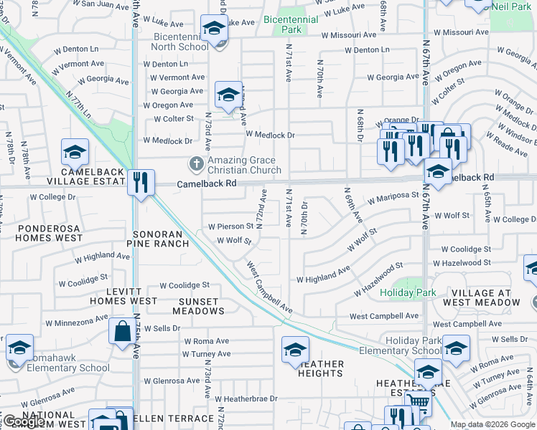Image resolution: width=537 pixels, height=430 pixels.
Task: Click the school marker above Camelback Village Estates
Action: pyautogui.click(x=75, y=152)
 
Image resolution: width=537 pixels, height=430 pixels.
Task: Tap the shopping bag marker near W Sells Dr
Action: pyautogui.click(x=121, y=330)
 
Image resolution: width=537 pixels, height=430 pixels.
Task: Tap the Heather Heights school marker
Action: pyautogui.click(x=294, y=349)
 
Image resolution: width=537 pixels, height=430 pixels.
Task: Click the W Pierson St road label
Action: pyautogui.click(x=230, y=226)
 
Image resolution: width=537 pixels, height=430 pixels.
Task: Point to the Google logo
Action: pyautogui.click(x=24, y=422)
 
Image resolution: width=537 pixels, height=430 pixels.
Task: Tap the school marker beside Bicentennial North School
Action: pyautogui.click(x=213, y=29)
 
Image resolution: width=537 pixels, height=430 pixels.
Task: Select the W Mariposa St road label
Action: pyautogui.click(x=393, y=195)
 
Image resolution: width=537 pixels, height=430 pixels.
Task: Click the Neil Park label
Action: pyautogui.click(x=512, y=6)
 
